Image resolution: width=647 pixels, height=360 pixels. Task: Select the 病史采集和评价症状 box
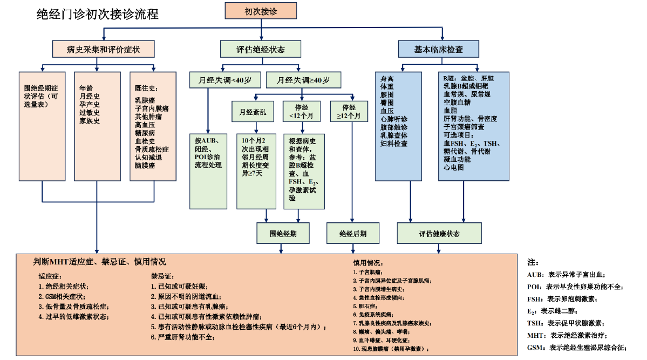[x=103, y=49]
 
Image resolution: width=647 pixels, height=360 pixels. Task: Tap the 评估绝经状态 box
[x=261, y=49]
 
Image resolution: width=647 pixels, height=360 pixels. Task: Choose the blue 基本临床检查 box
[x=438, y=49]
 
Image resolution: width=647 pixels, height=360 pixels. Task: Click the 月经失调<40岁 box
[x=224, y=80]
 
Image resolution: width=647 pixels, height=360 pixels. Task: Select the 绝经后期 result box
[x=353, y=234]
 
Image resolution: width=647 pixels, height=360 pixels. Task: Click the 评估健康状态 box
[x=439, y=234]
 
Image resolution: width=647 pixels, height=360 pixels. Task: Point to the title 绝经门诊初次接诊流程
[x=97, y=13]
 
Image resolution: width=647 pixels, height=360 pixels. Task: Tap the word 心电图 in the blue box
[x=454, y=167]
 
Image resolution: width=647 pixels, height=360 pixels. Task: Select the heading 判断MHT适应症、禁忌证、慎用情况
[x=99, y=262]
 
